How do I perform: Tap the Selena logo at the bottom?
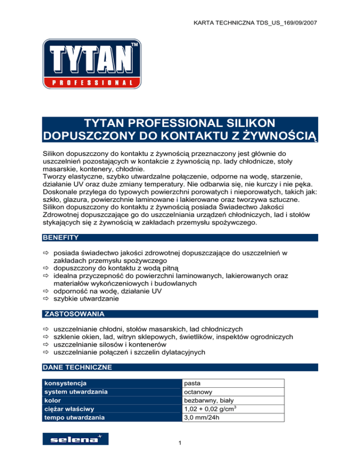tap(75, 439)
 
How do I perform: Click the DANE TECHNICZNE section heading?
tap(77, 368)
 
